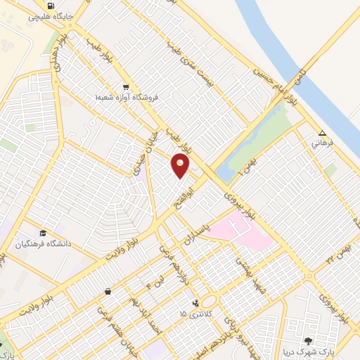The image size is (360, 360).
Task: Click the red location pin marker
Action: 181,165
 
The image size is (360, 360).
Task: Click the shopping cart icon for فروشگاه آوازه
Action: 125,87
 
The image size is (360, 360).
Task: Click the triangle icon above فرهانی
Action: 322,133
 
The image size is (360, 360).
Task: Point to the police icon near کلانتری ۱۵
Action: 186,304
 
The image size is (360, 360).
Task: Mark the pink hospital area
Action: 246,236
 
